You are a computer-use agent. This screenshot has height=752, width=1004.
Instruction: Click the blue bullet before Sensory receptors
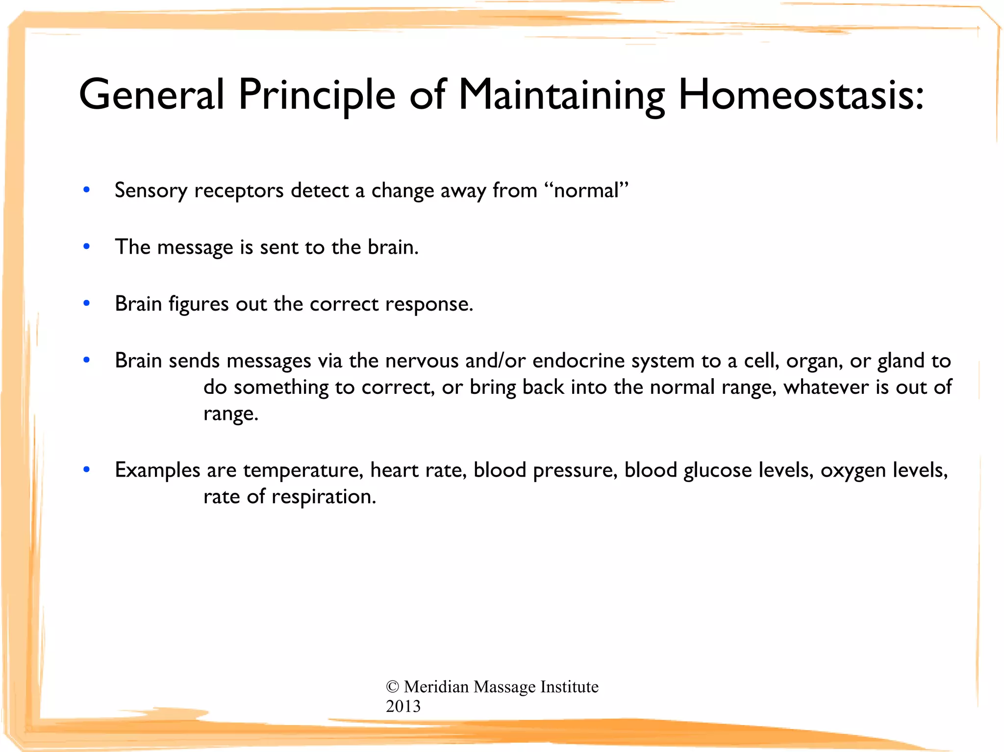coord(87,190)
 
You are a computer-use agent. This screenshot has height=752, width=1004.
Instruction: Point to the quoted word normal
coord(586,191)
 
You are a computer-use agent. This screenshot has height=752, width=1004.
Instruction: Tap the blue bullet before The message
coord(87,246)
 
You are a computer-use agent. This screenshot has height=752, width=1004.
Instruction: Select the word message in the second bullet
coord(195,247)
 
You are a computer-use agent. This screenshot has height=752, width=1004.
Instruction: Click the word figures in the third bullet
coord(199,304)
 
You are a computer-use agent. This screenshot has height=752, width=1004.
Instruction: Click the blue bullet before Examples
coord(87,470)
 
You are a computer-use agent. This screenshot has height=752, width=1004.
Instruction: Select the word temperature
coord(302,470)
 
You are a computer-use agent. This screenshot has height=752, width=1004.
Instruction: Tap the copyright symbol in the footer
coord(392,687)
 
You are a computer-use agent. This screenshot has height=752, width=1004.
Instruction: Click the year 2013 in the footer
coord(403,706)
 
